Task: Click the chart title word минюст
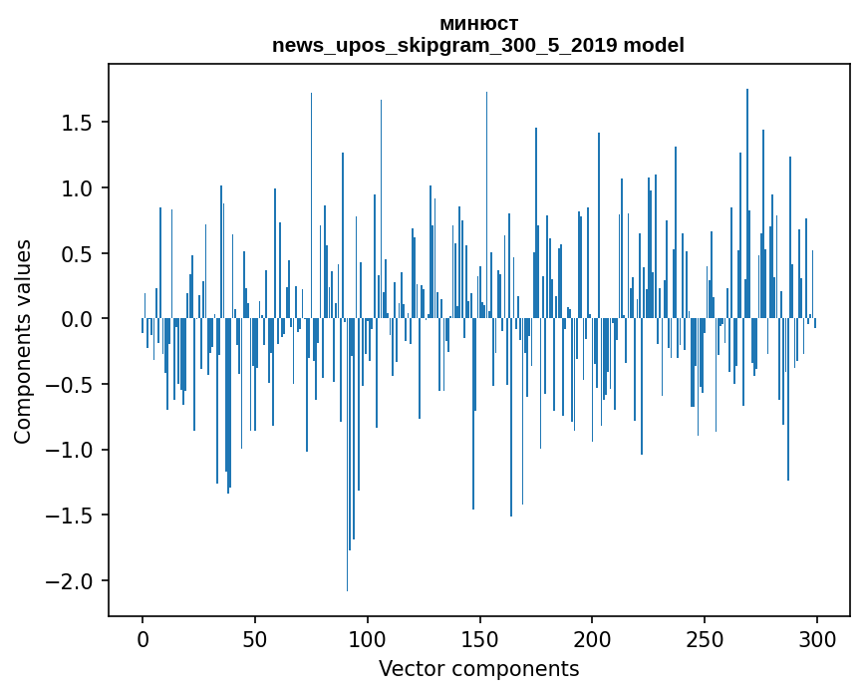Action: point(478,24)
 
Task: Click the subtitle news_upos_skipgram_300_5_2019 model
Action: point(478,45)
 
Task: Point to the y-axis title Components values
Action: point(23,342)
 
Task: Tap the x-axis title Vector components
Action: point(478,668)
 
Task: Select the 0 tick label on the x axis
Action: point(143,638)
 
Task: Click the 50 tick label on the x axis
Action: point(255,638)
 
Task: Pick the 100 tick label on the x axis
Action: point(368,638)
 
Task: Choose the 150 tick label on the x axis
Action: point(479,638)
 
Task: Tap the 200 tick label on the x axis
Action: point(592,638)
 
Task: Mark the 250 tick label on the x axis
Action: point(705,638)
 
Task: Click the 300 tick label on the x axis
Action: point(817,638)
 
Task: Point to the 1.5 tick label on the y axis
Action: point(80,123)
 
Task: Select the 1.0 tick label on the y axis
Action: point(80,188)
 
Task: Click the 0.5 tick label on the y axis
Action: point(80,254)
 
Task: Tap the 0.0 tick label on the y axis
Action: point(80,319)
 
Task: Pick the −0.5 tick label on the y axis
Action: point(73,385)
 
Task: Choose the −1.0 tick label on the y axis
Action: point(73,451)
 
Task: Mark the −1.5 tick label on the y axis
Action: point(73,516)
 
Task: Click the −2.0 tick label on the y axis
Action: point(73,581)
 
